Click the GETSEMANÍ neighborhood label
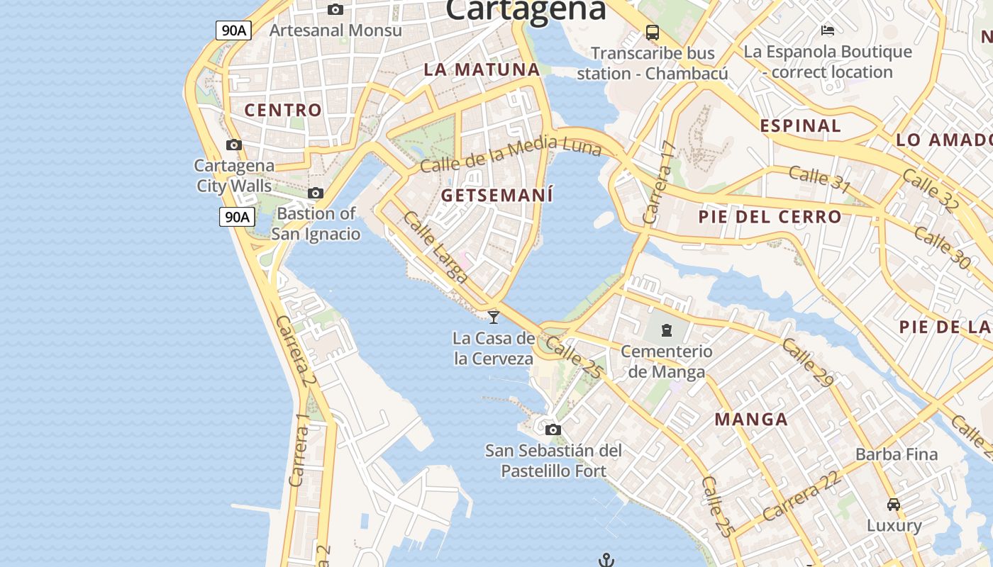[x=496, y=195]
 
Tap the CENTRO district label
[x=283, y=110]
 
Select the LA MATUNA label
[x=482, y=69]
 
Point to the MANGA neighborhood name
[x=751, y=419]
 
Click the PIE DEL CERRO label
[x=770, y=217]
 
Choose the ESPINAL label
[x=800, y=126]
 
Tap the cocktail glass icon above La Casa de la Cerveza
[x=494, y=316]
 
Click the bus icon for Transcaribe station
[x=652, y=32]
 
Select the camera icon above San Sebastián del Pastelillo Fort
[x=553, y=430]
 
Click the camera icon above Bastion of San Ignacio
[x=316, y=193]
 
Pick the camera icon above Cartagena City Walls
[x=233, y=145]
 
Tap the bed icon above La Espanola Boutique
[x=827, y=30]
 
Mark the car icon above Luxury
[x=894, y=505]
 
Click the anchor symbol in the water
[x=606, y=561]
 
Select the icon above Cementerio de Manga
[x=666, y=330]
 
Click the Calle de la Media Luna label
[x=511, y=155]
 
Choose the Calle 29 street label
[x=807, y=363]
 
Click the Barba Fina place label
[x=897, y=454]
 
